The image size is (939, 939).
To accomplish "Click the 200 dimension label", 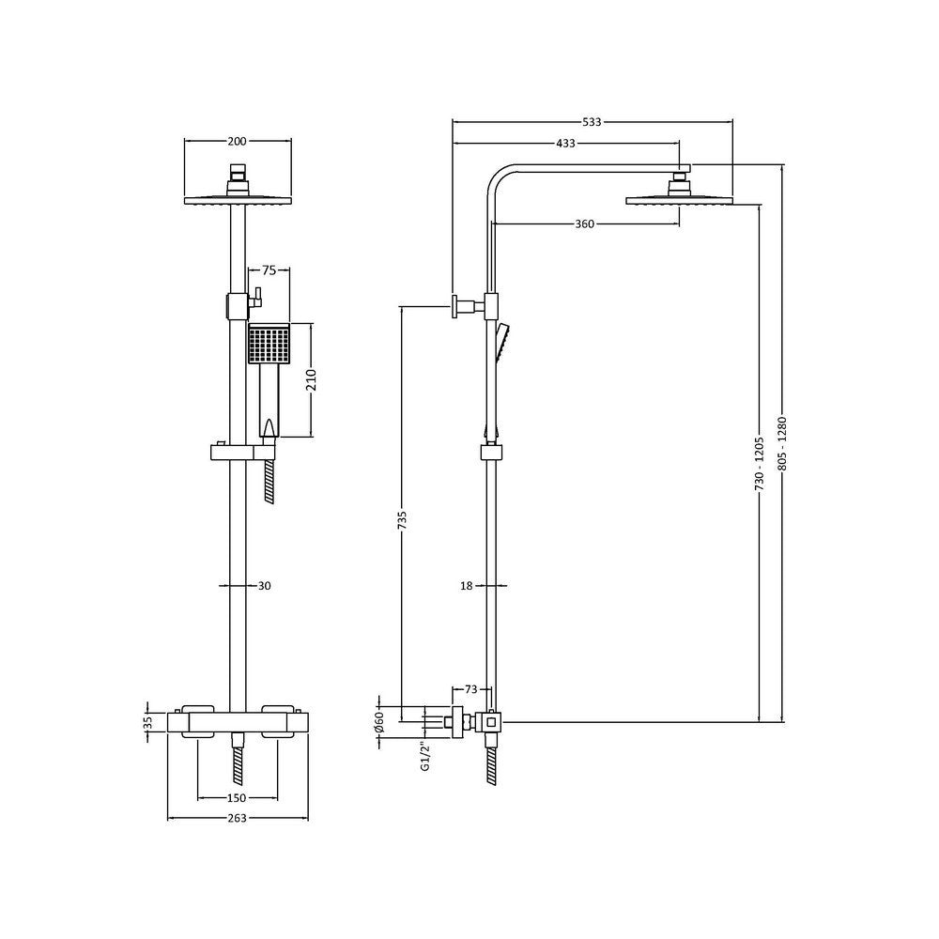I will click(237, 142).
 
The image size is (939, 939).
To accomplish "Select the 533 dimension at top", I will click(592, 122).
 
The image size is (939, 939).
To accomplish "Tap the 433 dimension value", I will click(565, 144).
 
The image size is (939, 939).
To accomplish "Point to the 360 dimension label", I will click(584, 224).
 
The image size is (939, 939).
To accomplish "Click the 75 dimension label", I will click(269, 270).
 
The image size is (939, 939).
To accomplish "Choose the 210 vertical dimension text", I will click(312, 380).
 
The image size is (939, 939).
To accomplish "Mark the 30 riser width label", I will click(264, 586).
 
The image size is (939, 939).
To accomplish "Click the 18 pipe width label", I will click(467, 586).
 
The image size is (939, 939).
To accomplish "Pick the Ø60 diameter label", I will click(379, 722).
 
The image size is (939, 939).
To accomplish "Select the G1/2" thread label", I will click(424, 756).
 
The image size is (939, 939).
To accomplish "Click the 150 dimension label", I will click(237, 798).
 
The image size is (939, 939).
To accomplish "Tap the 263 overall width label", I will click(237, 819).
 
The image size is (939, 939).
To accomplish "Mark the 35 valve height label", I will click(147, 723).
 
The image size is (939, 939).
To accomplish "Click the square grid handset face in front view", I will click(269, 345).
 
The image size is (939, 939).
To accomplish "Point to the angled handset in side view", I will click(502, 344).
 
